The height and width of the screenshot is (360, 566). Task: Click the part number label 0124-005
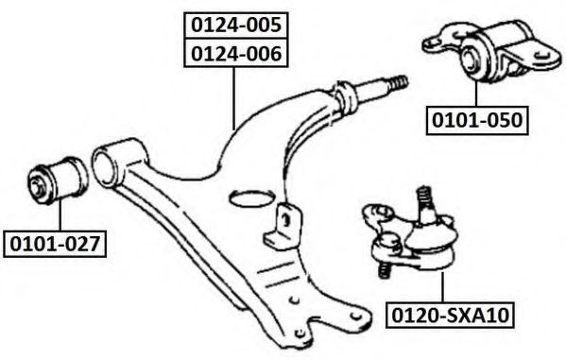coord(235,26)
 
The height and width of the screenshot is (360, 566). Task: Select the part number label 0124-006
coord(235,54)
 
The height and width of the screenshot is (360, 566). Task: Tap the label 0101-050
coord(477,120)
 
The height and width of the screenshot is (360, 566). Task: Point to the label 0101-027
coord(55,244)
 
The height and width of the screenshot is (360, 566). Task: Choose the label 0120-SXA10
coord(450,316)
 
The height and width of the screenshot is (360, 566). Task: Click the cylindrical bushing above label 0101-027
coord(58,180)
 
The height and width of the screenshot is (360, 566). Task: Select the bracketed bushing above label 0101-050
coord(492,51)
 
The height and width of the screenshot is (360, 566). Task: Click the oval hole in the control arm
coord(250,197)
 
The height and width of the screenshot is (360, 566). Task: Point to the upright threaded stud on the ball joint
coord(425,204)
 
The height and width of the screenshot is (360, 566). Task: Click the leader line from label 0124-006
coord(234,98)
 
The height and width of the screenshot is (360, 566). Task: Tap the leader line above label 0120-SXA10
coord(442,287)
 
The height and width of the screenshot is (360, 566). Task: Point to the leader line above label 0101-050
coord(476,94)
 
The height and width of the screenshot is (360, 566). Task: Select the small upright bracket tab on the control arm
coord(283,227)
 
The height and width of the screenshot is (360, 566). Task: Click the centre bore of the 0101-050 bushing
coord(470,60)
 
